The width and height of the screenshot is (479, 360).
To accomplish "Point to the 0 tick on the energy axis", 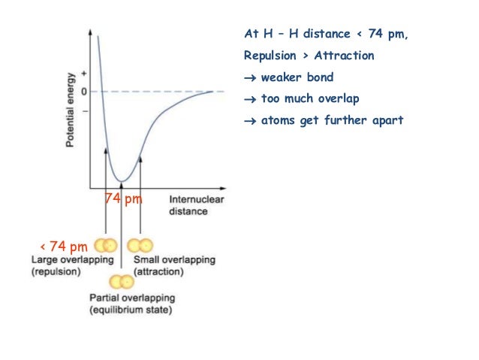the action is tap(83, 92).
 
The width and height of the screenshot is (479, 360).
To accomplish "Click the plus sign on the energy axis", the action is tap(83, 74).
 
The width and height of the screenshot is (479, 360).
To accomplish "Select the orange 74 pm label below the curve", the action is tap(123, 198).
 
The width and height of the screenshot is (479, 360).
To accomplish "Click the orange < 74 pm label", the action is tap(63, 246).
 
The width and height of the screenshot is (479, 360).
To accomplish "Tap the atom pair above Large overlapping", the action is tap(106, 246).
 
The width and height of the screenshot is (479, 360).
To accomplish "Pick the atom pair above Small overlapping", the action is tap(140, 246).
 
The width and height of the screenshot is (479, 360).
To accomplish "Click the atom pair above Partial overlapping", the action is tap(121, 283).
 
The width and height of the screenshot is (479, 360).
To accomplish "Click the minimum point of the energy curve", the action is tap(122, 180).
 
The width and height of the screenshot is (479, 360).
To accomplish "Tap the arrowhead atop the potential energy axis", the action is tap(91, 34).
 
